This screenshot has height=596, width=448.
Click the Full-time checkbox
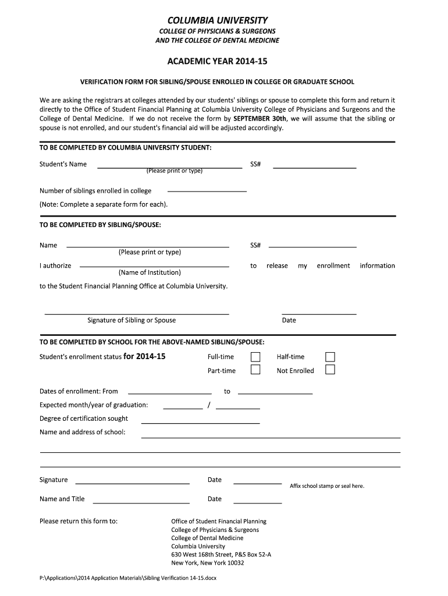pos(255,357)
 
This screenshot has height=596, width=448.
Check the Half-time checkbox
pos(330,357)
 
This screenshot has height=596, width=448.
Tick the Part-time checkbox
pos(255,370)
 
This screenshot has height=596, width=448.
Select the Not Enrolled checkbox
pos(330,370)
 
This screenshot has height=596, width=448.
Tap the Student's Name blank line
pos(169,165)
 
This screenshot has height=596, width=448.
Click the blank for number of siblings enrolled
pos(207,190)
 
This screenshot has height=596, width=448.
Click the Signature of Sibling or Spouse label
pos(131,320)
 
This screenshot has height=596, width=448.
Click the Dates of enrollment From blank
pos(169,391)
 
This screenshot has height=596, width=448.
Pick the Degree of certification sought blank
pos(200,420)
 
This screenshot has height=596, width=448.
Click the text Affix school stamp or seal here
pos(326,486)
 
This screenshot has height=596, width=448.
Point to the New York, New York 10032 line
pos(208,563)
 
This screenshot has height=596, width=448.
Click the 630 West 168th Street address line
pos(221,555)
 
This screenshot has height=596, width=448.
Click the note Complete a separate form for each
pos(104,204)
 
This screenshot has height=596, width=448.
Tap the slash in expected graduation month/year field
pos(209,405)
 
